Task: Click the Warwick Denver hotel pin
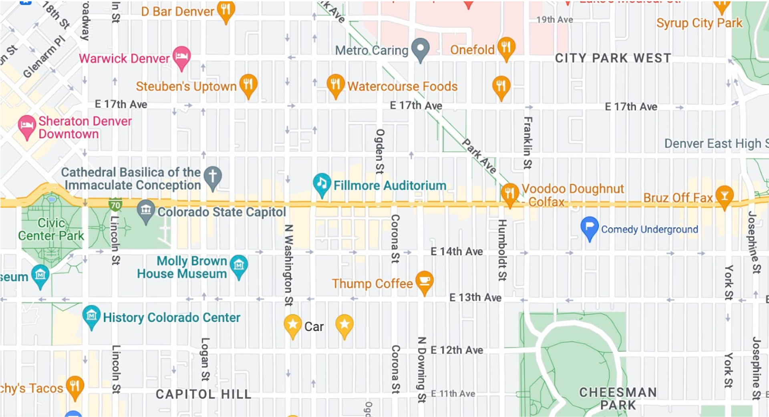click(181, 56)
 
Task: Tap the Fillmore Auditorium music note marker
click(322, 183)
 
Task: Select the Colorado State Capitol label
click(221, 212)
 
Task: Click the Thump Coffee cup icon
click(424, 280)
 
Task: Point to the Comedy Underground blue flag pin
click(589, 227)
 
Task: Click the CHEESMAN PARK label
click(618, 398)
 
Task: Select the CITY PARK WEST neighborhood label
click(612, 58)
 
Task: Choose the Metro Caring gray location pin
click(420, 48)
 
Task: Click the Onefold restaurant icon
click(506, 47)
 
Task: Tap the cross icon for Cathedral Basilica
click(213, 176)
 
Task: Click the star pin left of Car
click(292, 324)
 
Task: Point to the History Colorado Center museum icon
click(91, 316)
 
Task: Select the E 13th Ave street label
click(475, 298)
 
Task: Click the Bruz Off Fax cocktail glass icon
click(724, 196)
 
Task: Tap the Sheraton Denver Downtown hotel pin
click(27, 126)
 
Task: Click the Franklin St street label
click(528, 142)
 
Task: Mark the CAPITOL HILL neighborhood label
click(203, 394)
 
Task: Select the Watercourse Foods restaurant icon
click(335, 85)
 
